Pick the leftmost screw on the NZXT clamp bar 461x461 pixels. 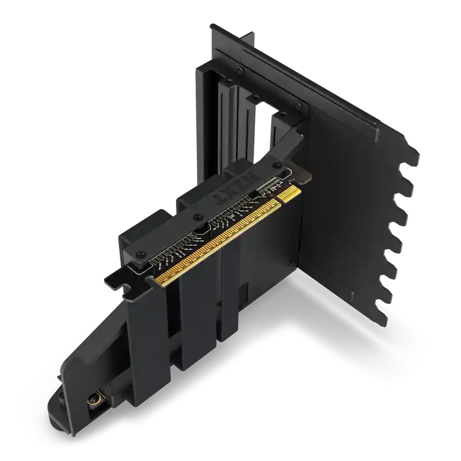[140, 253]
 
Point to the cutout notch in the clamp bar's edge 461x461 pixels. [200, 230]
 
